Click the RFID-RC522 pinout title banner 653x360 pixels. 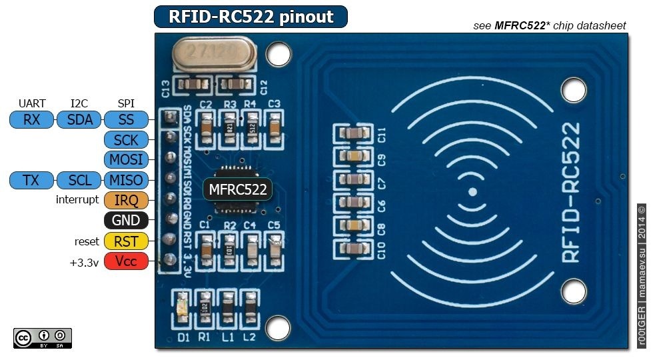tap(251, 17)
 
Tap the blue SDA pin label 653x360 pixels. tap(79, 120)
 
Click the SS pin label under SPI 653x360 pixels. tap(126, 120)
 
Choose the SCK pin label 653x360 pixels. tap(126, 140)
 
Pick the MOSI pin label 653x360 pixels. tap(126, 160)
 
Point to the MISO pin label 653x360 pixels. tap(126, 180)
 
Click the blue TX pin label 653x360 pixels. tap(31, 180)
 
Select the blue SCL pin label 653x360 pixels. tap(79, 180)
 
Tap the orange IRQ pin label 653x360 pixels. tap(126, 200)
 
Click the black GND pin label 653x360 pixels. tap(126, 221)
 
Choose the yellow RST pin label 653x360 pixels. tap(126, 241)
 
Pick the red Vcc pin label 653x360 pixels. tap(126, 261)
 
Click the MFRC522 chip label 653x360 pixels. tap(238, 189)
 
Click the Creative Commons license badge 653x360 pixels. tap(43, 338)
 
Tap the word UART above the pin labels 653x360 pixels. tap(32, 103)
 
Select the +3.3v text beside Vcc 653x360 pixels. tap(84, 262)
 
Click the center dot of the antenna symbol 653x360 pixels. tap(472, 192)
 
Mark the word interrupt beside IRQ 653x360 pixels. tap(77, 200)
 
